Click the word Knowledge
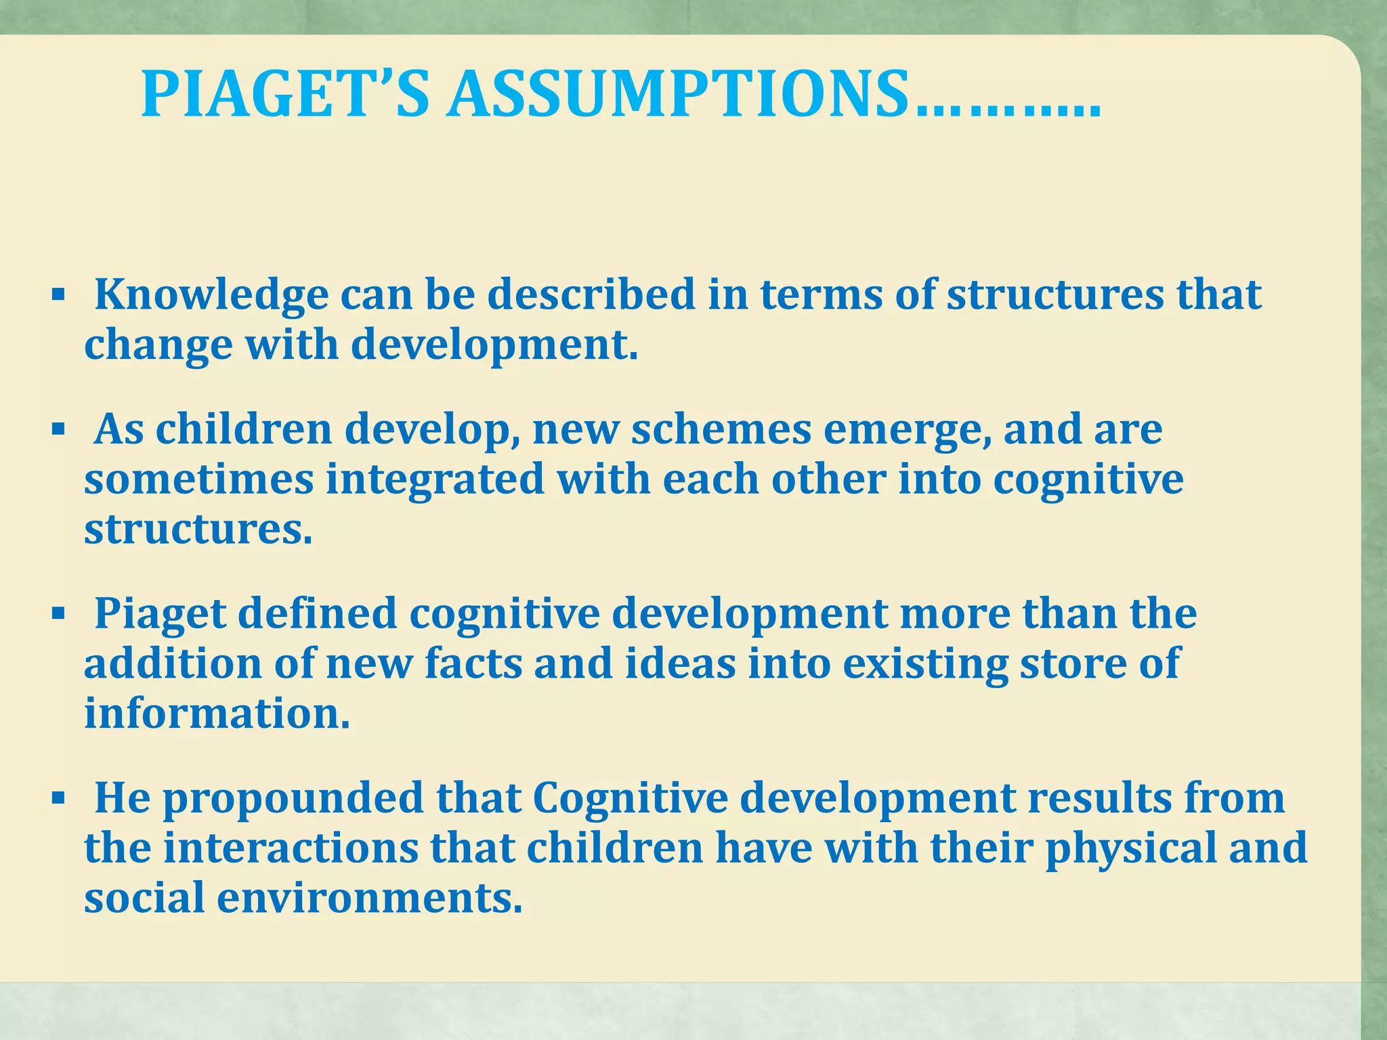click(x=211, y=295)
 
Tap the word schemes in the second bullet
click(x=721, y=430)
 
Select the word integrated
click(x=435, y=479)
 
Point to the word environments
click(x=370, y=898)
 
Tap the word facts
click(x=473, y=664)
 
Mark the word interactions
click(x=291, y=848)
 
